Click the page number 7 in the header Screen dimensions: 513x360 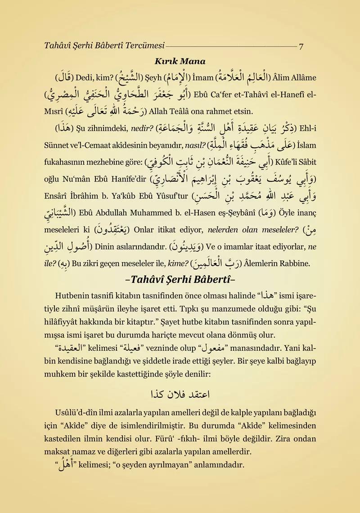(301, 45)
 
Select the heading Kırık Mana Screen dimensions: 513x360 (180, 61)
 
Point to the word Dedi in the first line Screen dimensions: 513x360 (83, 76)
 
